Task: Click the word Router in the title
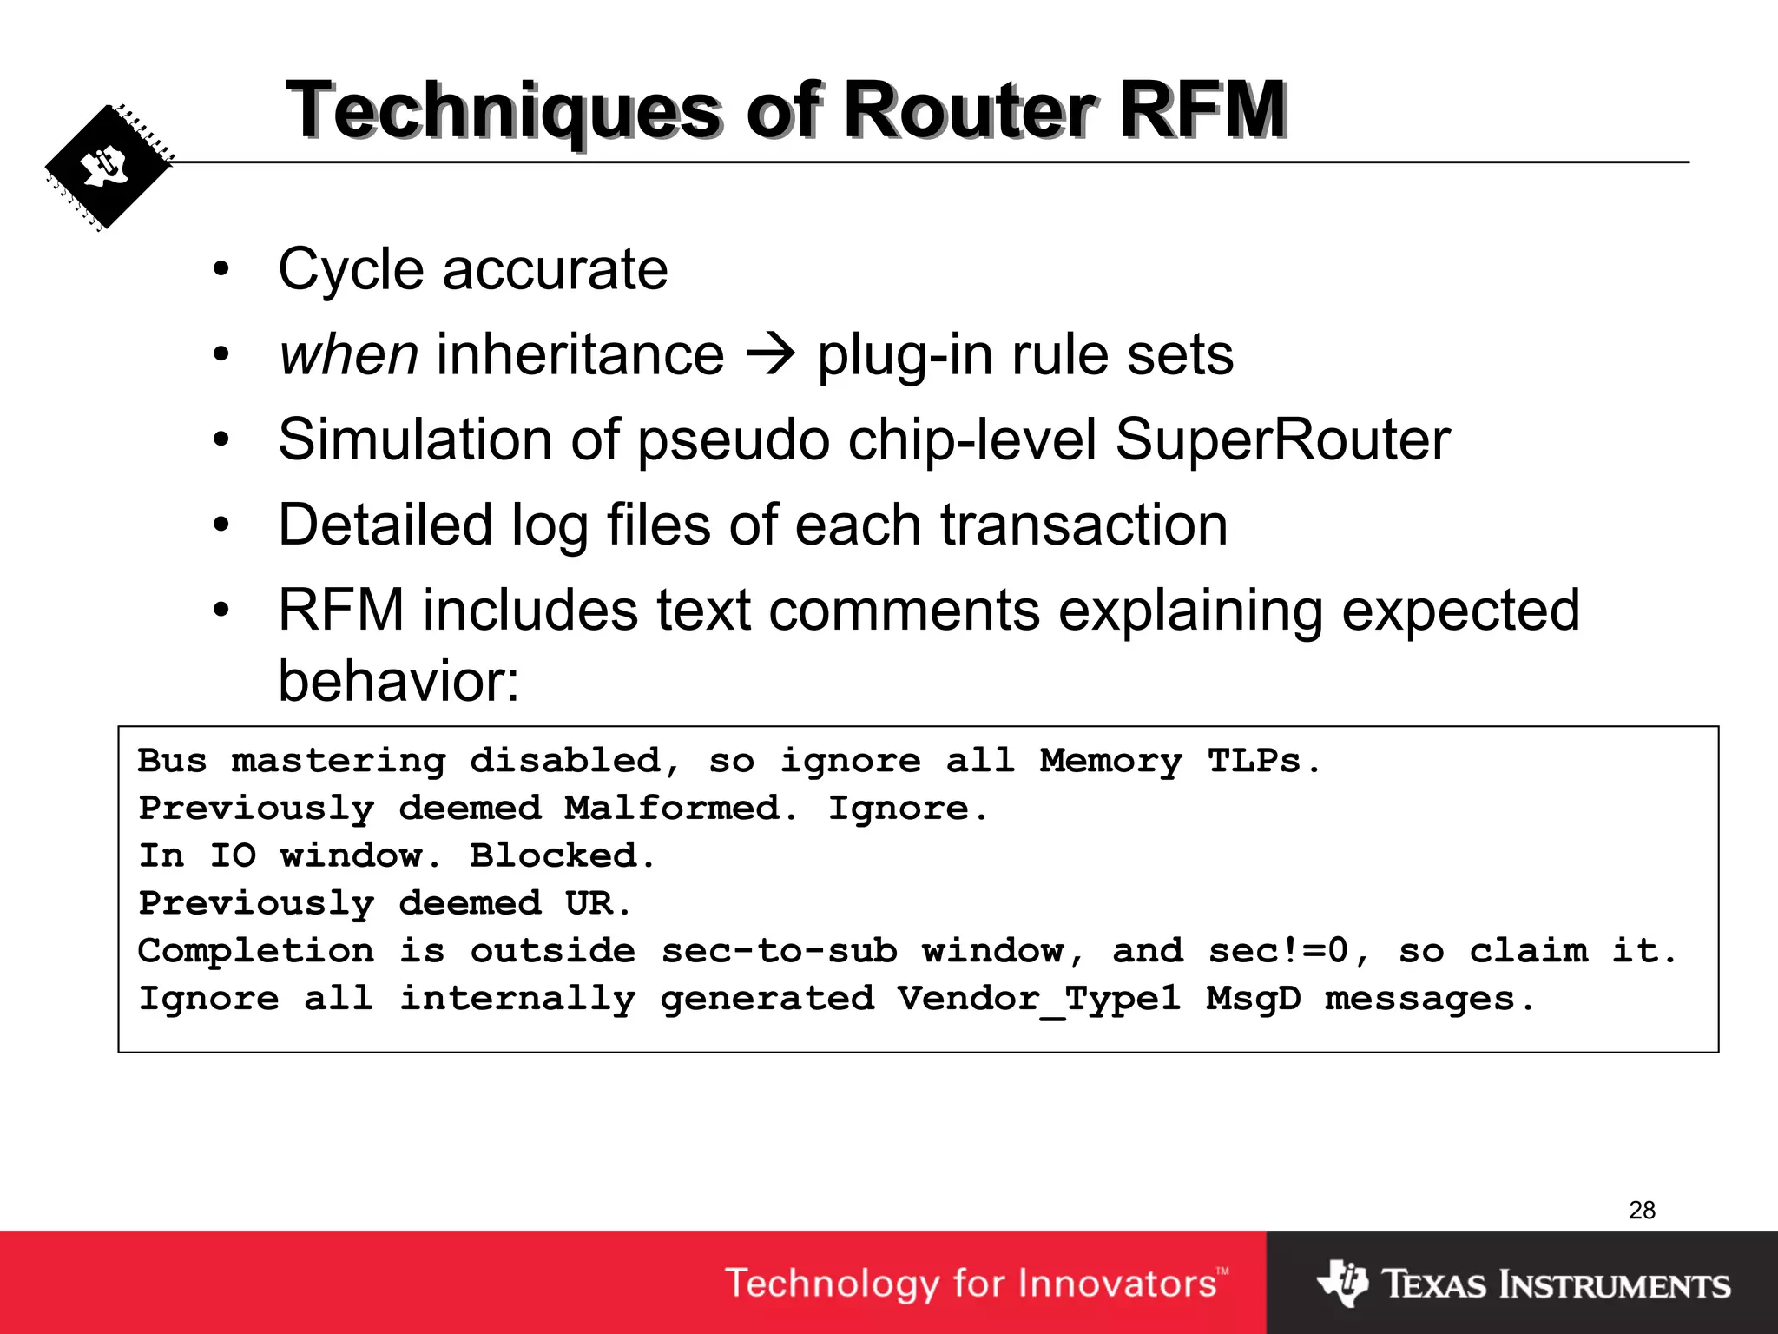click(968, 110)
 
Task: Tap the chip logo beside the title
click(109, 168)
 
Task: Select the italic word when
click(349, 354)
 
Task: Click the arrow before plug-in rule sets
click(770, 354)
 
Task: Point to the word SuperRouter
click(1282, 439)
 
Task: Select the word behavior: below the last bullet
click(398, 680)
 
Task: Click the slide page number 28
click(1642, 1210)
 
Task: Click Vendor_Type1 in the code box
click(1039, 999)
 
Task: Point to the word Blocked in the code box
click(561, 855)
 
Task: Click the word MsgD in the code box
click(1254, 999)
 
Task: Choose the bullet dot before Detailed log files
click(221, 525)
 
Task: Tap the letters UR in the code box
click(589, 903)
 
